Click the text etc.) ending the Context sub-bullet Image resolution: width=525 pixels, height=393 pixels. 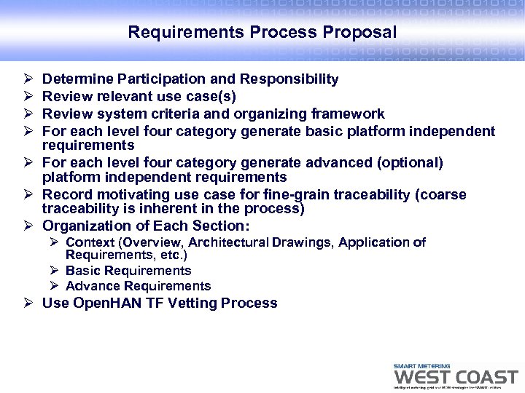(173, 255)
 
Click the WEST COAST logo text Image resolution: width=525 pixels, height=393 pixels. (455, 377)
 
